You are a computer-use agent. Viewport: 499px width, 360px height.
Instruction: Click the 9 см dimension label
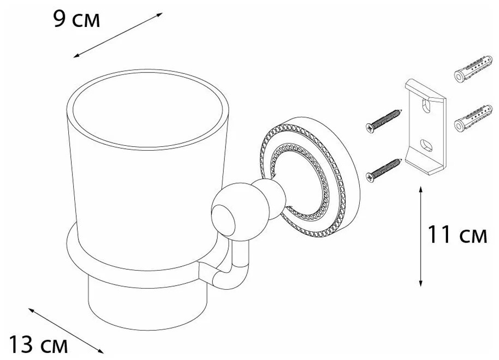coord(77,20)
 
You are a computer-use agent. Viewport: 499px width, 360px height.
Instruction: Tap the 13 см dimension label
coord(38,344)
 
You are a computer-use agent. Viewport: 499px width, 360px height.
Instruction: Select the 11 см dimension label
coord(457,234)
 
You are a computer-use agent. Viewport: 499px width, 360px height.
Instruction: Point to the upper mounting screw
coord(384,121)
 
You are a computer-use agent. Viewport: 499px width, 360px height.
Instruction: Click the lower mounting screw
coord(384,171)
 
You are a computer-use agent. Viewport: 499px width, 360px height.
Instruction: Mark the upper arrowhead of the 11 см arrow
coord(421,189)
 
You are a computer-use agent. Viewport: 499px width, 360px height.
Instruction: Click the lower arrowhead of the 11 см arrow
coord(421,283)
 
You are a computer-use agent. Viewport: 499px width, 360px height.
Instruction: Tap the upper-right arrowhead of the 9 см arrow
coord(160,14)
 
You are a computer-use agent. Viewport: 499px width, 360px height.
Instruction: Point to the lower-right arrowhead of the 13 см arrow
coord(101,351)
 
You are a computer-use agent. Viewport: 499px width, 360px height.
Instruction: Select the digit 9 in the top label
coord(59,20)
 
